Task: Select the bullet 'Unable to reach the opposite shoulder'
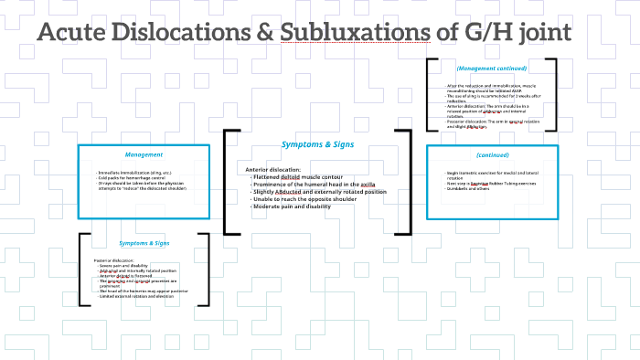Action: [x=305, y=199]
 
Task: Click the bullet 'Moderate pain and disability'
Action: [x=293, y=206]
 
